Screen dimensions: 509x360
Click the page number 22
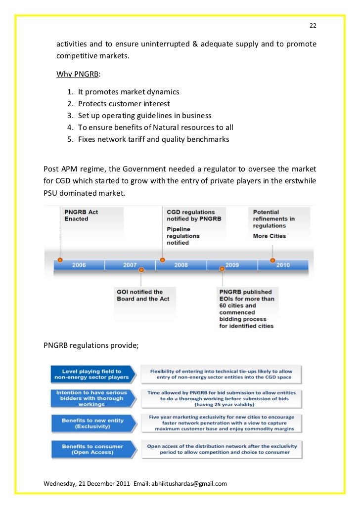click(313, 26)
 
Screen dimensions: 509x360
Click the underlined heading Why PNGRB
click(78, 74)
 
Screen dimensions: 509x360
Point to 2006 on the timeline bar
click(79, 265)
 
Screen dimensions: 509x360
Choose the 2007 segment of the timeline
click(130, 265)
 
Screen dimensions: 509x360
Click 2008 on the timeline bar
click(181, 265)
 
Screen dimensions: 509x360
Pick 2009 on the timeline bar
click(232, 265)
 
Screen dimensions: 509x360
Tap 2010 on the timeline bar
click(283, 265)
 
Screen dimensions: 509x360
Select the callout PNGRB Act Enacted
click(82, 215)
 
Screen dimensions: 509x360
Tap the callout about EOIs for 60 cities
click(247, 309)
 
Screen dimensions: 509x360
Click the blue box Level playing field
click(92, 374)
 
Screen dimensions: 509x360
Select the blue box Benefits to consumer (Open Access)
click(92, 449)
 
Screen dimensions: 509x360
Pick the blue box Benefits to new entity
click(92, 423)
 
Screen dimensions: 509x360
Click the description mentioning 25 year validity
click(222, 397)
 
